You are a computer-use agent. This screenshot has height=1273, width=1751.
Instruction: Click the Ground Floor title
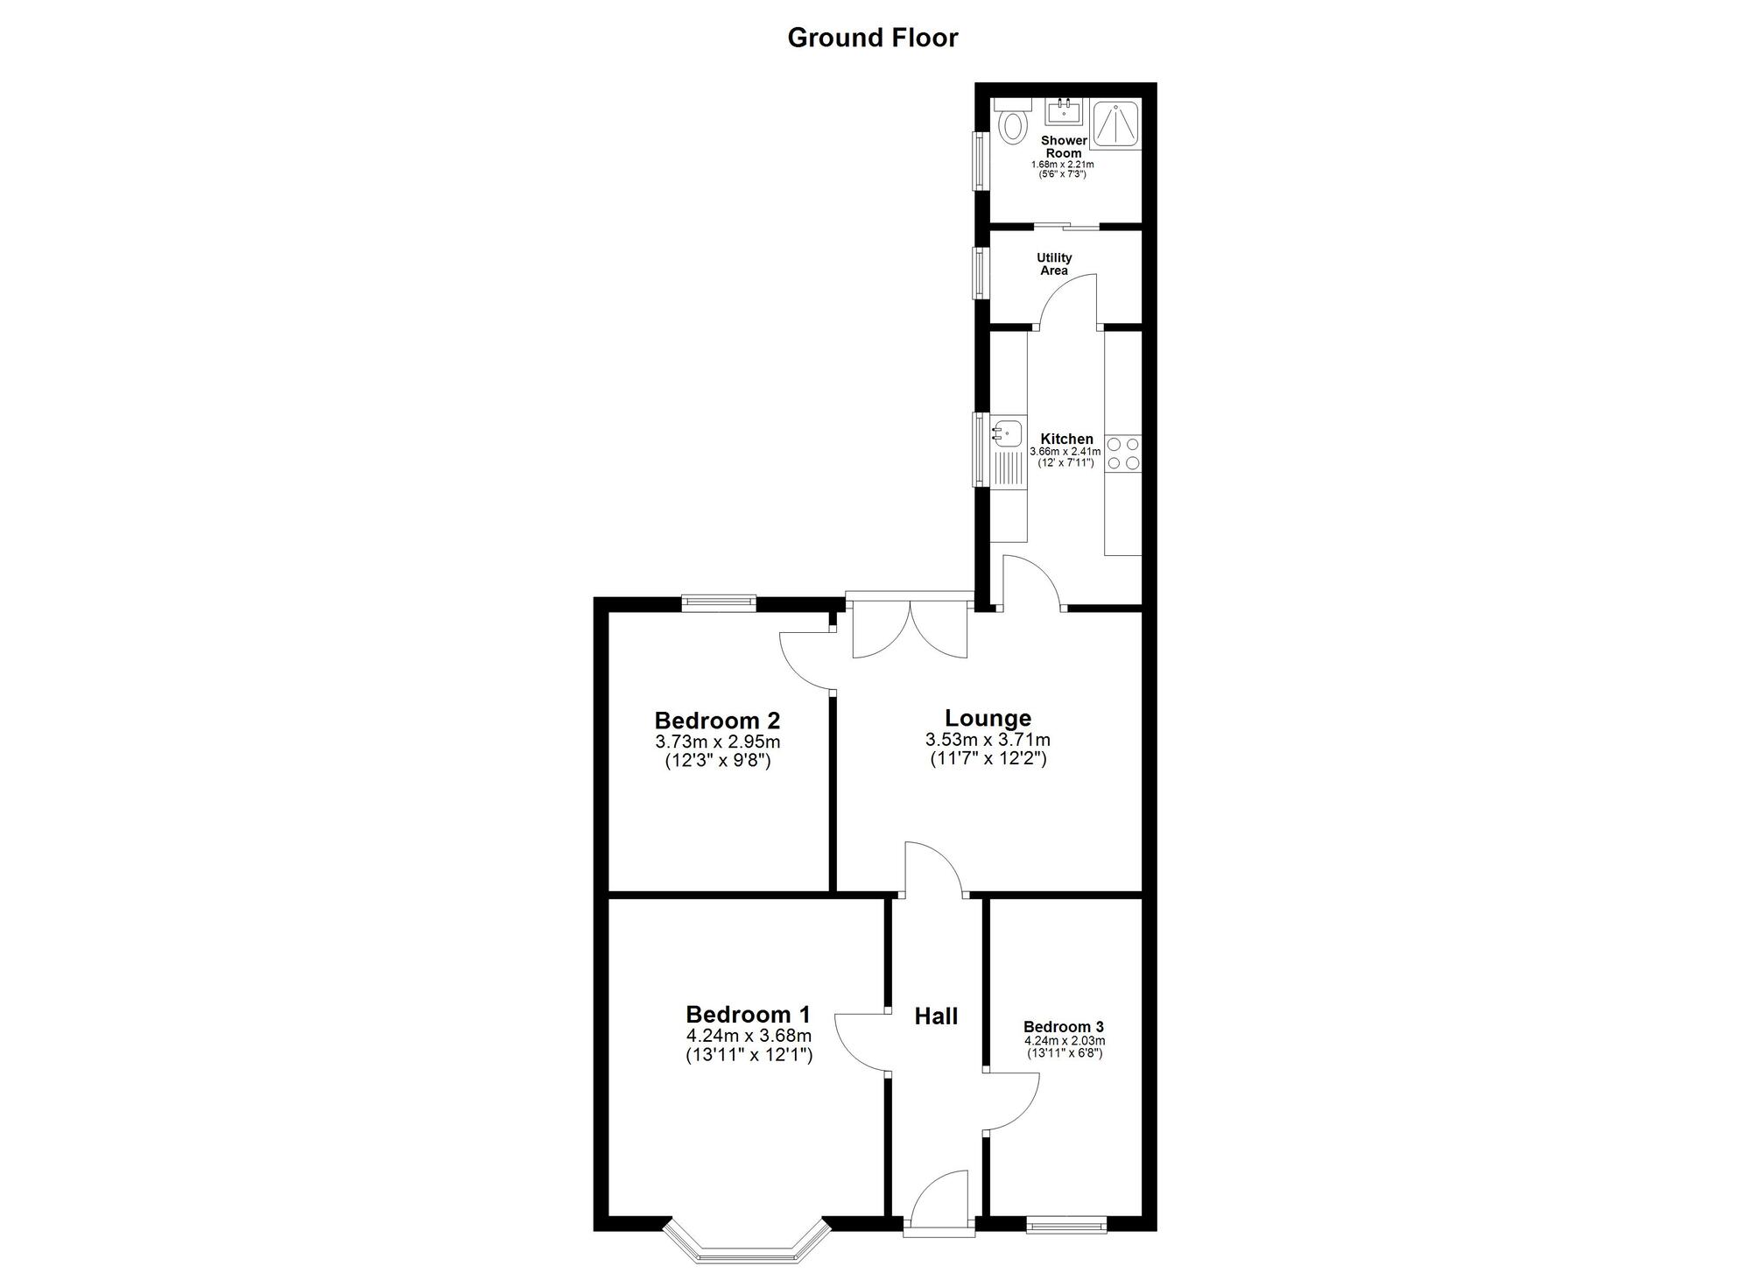[x=873, y=38]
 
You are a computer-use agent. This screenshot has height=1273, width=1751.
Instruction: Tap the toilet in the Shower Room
[x=1013, y=123]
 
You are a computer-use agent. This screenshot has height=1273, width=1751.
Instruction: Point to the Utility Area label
[x=1054, y=264]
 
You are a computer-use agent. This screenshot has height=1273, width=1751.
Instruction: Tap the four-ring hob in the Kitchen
[x=1123, y=453]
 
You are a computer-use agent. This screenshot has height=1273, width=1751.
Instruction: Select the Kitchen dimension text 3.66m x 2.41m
[x=1065, y=452]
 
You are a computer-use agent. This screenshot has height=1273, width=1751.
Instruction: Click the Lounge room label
[x=988, y=719]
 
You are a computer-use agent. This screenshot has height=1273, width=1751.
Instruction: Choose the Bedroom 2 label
[x=717, y=721]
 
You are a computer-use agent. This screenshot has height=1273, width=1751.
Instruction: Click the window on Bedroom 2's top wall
[x=719, y=602]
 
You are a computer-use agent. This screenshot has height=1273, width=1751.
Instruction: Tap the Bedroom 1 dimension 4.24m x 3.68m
[x=749, y=1036]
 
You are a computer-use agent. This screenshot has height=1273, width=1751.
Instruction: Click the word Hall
[x=936, y=1016]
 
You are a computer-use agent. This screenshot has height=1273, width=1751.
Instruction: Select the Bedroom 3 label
[x=1064, y=1027]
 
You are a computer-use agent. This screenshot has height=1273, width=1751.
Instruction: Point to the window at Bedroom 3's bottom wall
[x=1065, y=1226]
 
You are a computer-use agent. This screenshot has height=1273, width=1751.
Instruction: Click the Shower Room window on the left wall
[x=979, y=159]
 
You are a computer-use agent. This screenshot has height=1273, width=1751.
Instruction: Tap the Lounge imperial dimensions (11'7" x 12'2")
[x=988, y=758]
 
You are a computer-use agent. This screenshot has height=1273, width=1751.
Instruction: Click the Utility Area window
[x=979, y=272]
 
